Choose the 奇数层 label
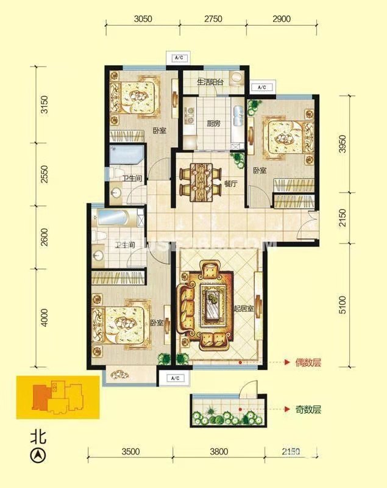click(x=308, y=409)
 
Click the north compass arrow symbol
click(x=38, y=454)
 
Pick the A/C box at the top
click(x=179, y=58)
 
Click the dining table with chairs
click(x=199, y=178)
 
